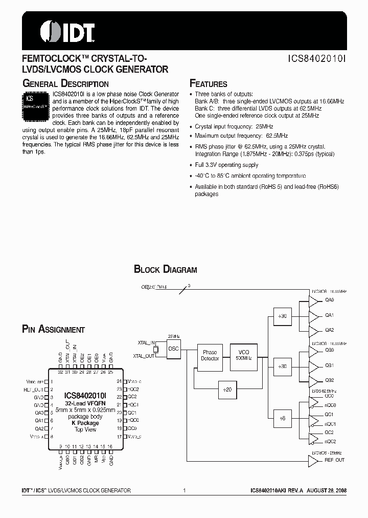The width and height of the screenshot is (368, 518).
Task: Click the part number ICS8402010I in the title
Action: (x=317, y=59)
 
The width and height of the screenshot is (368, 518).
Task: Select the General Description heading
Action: (x=65, y=83)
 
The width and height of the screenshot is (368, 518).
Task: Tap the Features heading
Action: (x=209, y=84)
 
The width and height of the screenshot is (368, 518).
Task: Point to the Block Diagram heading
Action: (x=165, y=269)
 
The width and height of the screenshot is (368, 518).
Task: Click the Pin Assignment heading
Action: (x=54, y=330)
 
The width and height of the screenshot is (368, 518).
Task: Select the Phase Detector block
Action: (x=210, y=356)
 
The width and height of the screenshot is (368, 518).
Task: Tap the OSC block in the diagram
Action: (x=173, y=349)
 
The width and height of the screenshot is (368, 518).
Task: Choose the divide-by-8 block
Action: (x=283, y=418)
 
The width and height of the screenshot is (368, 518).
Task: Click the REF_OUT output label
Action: (x=335, y=460)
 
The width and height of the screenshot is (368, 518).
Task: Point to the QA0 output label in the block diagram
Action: (x=329, y=300)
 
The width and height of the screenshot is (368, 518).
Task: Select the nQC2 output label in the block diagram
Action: (x=330, y=441)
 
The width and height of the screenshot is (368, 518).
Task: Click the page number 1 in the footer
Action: (x=184, y=490)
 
